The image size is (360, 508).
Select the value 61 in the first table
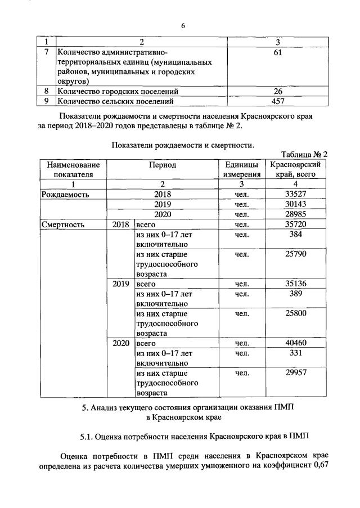point(277,52)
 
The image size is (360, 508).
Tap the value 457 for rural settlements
point(277,101)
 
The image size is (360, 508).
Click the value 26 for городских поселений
point(277,91)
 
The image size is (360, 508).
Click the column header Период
point(162,165)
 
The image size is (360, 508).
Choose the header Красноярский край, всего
point(295,169)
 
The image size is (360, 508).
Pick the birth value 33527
point(295,194)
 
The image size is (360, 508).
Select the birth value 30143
point(295,204)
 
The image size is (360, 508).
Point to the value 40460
point(295,343)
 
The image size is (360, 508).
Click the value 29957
point(295,373)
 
